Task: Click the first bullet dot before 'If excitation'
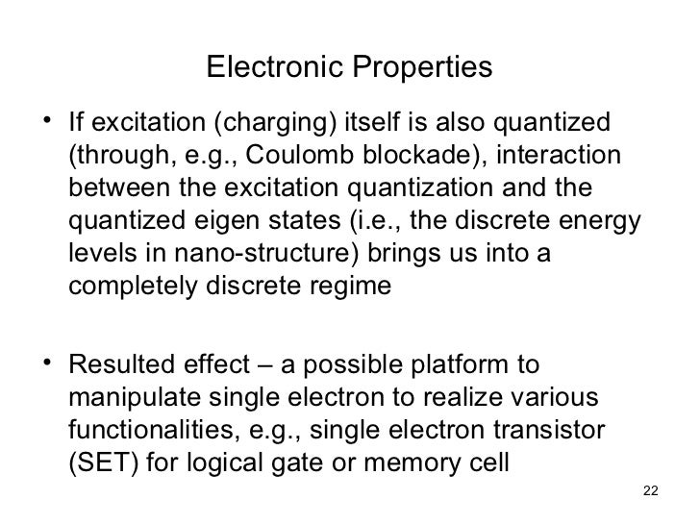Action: pos(48,126)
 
